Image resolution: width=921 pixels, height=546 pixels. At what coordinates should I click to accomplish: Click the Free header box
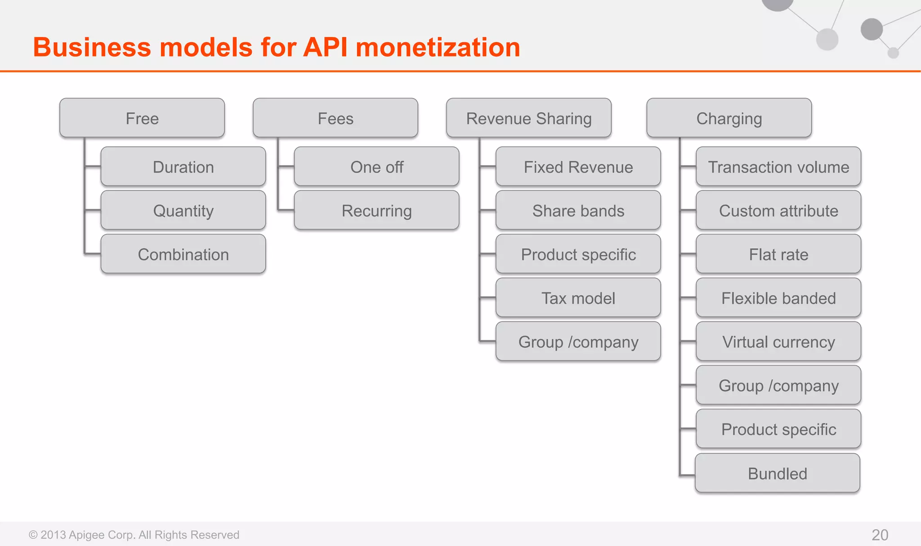click(x=142, y=118)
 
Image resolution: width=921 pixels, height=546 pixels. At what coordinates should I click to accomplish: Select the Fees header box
click(x=335, y=118)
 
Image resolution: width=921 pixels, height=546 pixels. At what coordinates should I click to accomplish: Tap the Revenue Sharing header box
click(x=529, y=118)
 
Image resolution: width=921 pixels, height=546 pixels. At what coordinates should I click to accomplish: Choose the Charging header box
click(x=729, y=118)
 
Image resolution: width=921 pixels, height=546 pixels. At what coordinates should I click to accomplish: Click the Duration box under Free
click(x=183, y=167)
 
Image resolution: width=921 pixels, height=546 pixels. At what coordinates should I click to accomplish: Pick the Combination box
click(x=183, y=254)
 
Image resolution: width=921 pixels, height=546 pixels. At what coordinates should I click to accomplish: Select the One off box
click(x=376, y=167)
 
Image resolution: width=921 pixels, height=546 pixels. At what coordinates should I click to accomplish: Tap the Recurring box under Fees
click(x=376, y=210)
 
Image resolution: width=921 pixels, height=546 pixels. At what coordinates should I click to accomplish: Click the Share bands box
click(x=578, y=210)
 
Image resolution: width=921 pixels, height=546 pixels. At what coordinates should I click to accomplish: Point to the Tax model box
click(x=578, y=298)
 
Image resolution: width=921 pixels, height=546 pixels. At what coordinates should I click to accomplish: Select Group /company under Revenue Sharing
click(x=578, y=341)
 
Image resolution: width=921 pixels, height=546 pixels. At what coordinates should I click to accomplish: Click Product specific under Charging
click(x=778, y=429)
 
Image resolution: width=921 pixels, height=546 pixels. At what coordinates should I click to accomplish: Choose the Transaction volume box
click(x=778, y=167)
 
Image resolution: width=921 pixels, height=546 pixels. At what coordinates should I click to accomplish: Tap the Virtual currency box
click(x=778, y=341)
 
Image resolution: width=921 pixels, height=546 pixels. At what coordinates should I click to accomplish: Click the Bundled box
click(x=778, y=473)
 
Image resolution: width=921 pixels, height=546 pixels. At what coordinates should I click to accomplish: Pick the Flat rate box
click(x=778, y=254)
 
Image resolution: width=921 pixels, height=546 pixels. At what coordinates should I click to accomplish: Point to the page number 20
click(x=880, y=534)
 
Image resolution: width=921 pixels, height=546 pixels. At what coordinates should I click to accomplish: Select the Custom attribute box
click(x=778, y=210)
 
